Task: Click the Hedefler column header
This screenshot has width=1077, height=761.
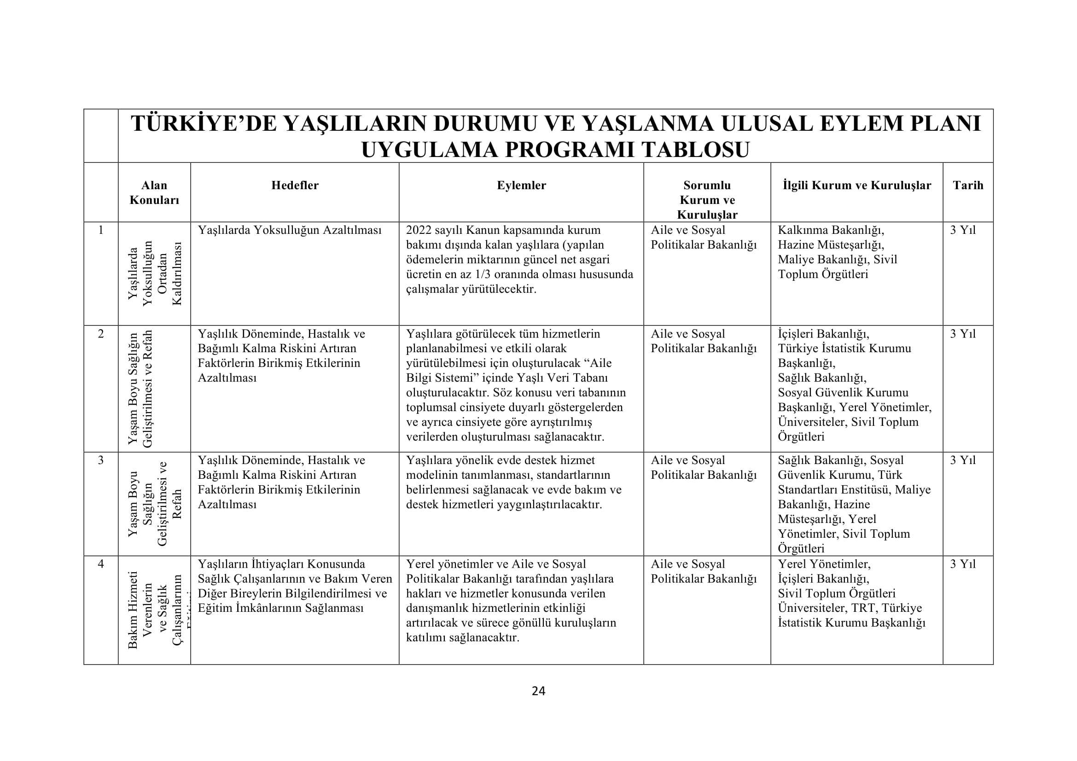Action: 295,185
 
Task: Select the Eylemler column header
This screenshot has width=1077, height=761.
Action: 521,185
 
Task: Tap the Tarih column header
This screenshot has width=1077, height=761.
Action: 968,185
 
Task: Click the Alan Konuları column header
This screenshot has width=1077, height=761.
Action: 154,193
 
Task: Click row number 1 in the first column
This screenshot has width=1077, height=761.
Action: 100,230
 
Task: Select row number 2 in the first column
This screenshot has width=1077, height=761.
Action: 100,334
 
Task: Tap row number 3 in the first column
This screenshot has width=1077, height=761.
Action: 100,460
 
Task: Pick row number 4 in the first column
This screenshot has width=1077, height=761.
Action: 100,563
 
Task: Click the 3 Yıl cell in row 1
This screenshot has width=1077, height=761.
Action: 962,230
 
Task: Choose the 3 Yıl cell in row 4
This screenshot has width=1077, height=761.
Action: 962,563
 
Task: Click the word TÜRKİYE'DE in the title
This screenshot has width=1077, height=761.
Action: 204,124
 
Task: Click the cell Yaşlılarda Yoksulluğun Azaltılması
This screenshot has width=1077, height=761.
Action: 290,230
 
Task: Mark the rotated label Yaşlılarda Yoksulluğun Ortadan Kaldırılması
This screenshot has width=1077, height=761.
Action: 154,273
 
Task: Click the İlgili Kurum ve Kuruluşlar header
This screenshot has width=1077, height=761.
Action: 856,185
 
